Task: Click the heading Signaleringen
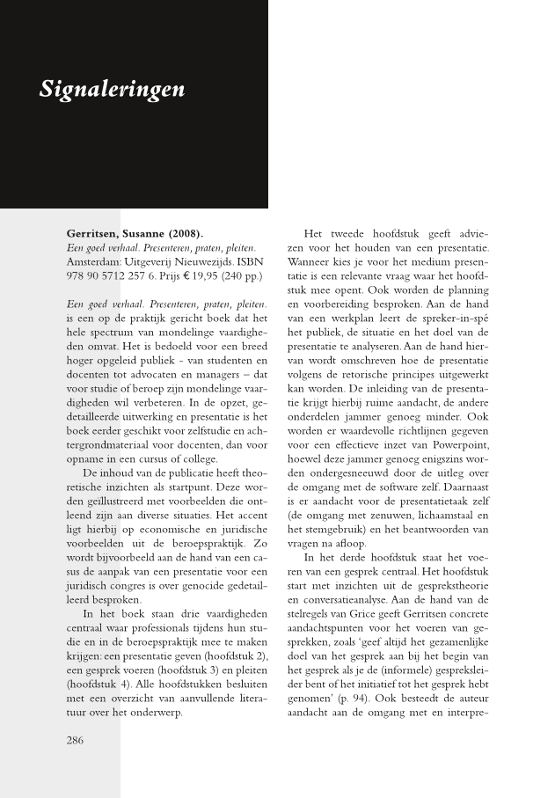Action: click(112, 90)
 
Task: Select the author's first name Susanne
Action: click(153, 234)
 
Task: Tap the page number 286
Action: click(76, 740)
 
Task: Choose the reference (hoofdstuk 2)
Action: click(235, 655)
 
